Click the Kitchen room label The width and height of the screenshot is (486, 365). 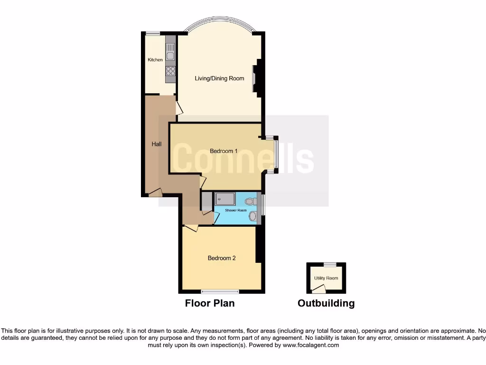(x=155, y=59)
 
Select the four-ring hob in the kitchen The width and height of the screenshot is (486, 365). (x=170, y=71)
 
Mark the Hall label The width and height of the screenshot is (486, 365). (x=156, y=144)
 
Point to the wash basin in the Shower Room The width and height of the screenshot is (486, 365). (x=253, y=217)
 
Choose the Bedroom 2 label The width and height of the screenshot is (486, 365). (x=222, y=259)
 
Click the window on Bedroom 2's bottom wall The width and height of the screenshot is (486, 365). (x=220, y=291)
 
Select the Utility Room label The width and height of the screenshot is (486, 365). (x=326, y=278)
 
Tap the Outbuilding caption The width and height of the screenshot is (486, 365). (x=326, y=303)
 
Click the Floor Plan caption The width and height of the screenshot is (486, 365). (x=210, y=303)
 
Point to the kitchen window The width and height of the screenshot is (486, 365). (x=153, y=33)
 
